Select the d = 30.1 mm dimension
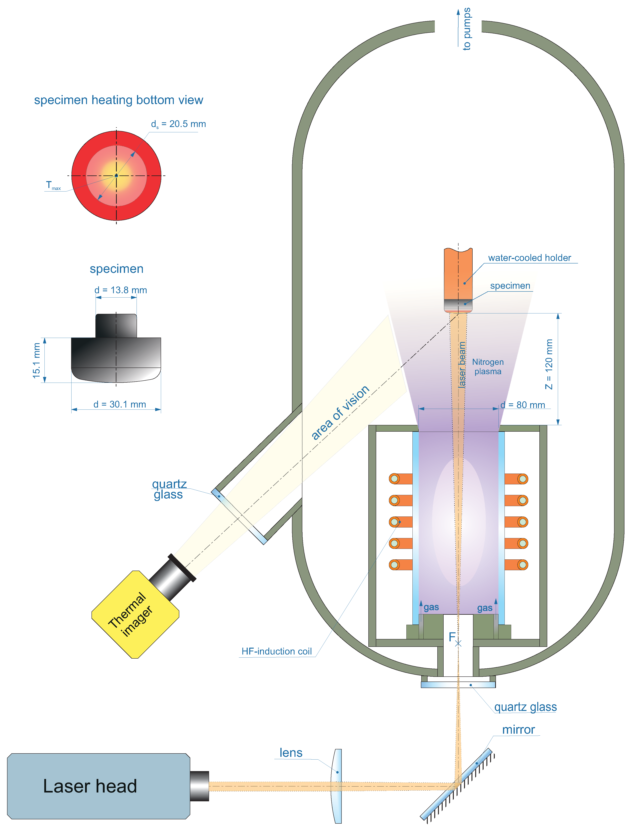tap(120, 404)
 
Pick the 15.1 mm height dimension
tap(36, 360)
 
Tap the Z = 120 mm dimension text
tap(549, 364)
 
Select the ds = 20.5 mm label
tap(178, 124)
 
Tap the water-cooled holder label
tap(529, 258)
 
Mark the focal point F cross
tap(458, 643)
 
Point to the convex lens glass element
tap(337, 786)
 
